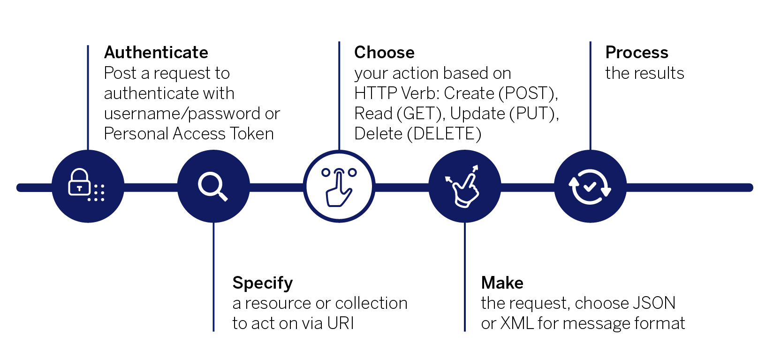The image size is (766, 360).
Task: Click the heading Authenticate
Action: click(156, 53)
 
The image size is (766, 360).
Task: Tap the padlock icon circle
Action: click(88, 186)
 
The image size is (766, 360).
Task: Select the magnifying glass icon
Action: click(213, 186)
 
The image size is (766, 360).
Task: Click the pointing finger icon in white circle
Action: click(339, 186)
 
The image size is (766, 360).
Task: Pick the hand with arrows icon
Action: click(464, 186)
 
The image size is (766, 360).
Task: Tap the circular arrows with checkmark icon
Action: click(590, 186)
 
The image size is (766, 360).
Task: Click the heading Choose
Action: click(384, 53)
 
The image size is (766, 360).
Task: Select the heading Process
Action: click(637, 53)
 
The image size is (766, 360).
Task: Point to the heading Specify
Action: click(262, 283)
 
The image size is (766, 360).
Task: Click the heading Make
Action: click(502, 283)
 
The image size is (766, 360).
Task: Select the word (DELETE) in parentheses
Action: click(444, 134)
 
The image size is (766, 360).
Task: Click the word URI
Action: click(341, 323)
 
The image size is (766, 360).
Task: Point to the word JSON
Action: click(654, 303)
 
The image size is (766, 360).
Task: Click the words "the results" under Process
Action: click(645, 73)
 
